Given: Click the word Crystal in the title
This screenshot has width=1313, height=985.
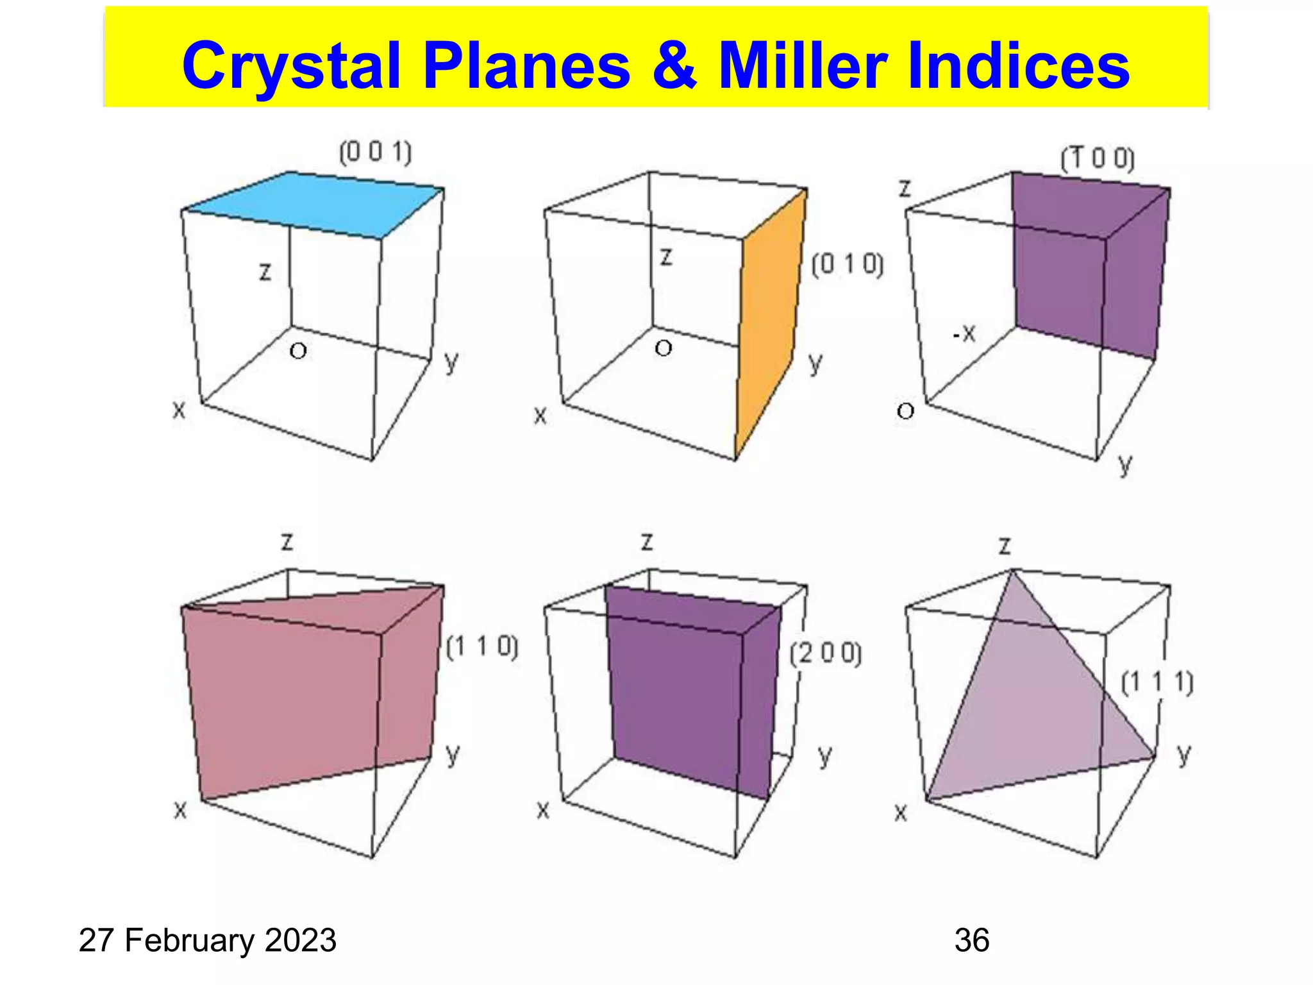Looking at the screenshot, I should [292, 67].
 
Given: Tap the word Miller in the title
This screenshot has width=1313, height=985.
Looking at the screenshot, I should [802, 65].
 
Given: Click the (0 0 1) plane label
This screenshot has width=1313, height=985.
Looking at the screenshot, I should [375, 153].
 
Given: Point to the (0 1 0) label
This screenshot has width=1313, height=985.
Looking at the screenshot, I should [847, 264].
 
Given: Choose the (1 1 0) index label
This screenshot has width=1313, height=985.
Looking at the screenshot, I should [482, 647].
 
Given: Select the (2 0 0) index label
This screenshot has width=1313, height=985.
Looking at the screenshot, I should [826, 653].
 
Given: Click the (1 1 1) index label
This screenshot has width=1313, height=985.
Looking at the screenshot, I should [1157, 682].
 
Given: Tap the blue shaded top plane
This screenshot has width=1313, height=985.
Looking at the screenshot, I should [314, 204].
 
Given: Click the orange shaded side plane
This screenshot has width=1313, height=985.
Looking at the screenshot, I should [769, 321].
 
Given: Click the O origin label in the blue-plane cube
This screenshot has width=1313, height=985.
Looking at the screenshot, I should [298, 351].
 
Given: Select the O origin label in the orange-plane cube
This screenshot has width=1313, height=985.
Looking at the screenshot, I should [664, 348].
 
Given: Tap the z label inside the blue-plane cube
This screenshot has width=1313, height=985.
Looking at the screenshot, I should [265, 272].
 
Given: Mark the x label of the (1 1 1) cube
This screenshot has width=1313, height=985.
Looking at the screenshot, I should [901, 813].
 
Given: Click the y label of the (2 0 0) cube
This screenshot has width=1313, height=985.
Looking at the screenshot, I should [825, 757].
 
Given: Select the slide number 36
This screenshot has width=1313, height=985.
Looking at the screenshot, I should [972, 940].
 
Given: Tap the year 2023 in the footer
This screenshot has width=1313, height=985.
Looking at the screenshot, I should [301, 940].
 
